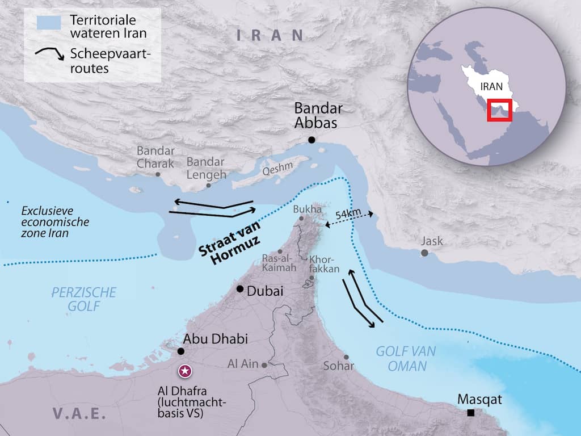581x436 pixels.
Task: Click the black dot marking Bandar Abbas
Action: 311,140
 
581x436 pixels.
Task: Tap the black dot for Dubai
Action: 241,289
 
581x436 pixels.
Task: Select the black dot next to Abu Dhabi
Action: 180,351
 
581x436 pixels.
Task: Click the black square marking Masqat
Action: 470,413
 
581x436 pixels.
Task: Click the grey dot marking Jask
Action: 424,253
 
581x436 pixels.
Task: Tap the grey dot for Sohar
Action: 346,357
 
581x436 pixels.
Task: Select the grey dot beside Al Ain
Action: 264,365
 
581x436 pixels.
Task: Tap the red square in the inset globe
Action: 500,110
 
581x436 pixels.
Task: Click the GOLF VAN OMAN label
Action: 405,358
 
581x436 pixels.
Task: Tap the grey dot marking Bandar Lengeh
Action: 208,185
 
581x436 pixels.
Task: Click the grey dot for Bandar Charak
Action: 158,174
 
